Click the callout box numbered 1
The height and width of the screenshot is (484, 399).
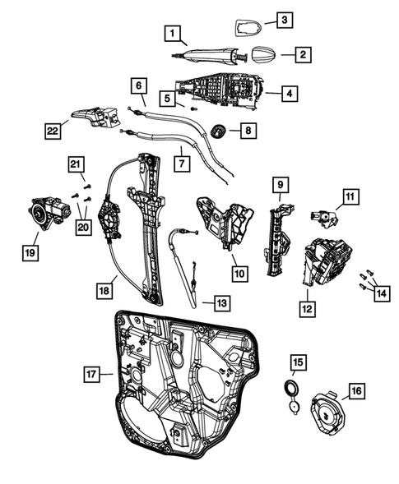[171, 34]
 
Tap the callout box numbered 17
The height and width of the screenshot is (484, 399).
[93, 374]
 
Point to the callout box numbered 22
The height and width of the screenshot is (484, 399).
[53, 130]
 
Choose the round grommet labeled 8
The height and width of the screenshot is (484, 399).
[218, 130]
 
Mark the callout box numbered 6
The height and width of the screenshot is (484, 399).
[137, 85]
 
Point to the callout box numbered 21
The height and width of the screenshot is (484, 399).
[76, 166]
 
